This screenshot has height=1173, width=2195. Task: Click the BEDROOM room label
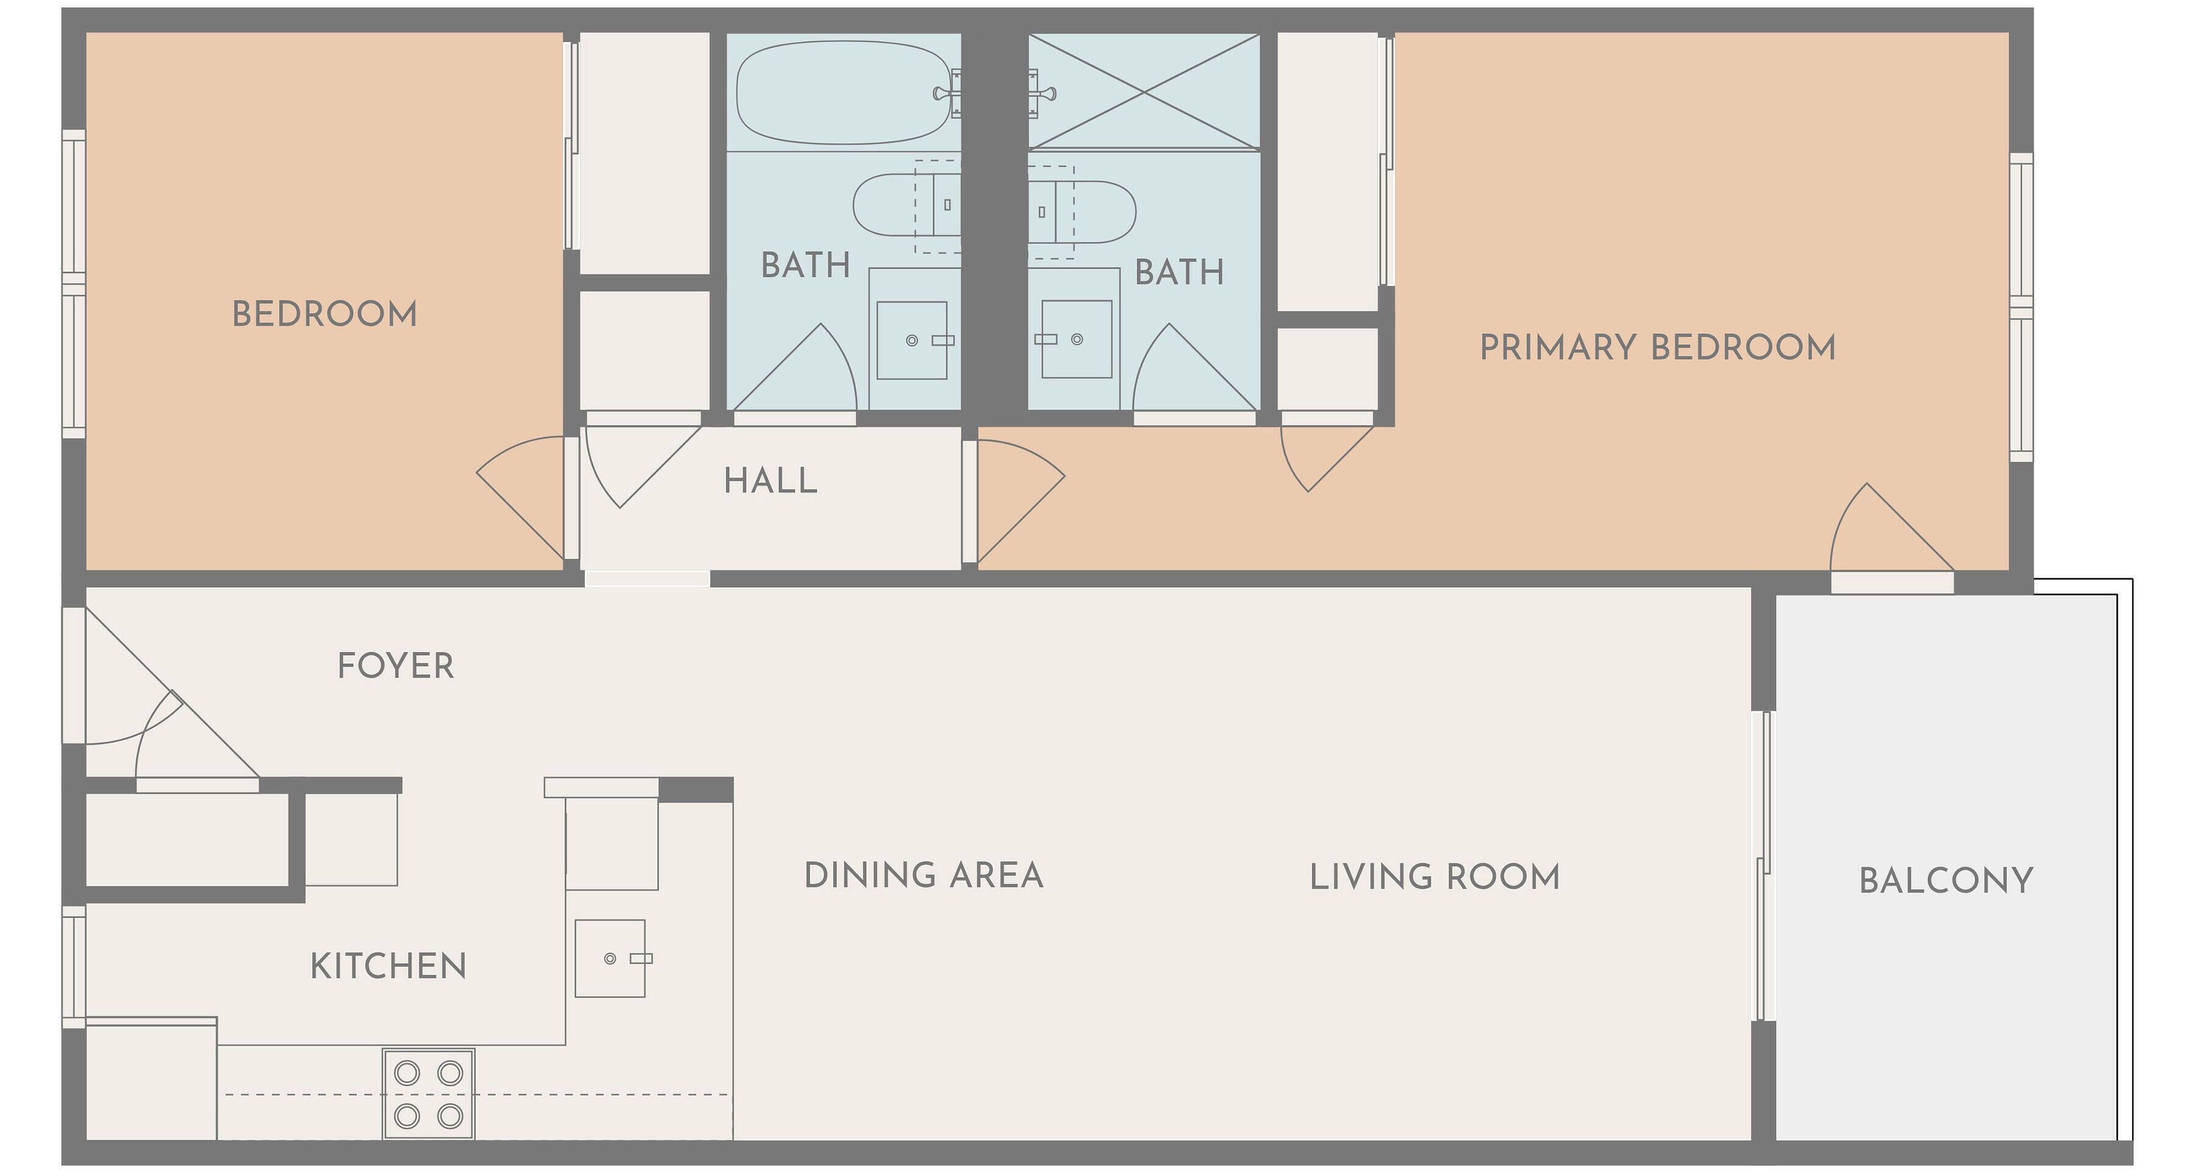(x=324, y=314)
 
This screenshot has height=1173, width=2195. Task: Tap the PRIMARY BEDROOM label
(x=1657, y=347)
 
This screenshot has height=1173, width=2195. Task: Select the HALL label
(x=770, y=481)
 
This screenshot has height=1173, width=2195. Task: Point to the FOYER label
(x=395, y=666)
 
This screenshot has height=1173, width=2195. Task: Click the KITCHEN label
(x=388, y=966)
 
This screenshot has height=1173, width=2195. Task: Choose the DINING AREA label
(x=924, y=876)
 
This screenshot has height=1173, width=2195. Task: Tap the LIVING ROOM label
(x=1434, y=877)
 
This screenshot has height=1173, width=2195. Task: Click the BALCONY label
(x=1946, y=881)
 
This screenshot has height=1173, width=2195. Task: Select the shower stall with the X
(x=1143, y=91)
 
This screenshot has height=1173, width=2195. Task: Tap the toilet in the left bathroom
(x=907, y=205)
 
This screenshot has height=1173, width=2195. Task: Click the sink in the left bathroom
(x=912, y=340)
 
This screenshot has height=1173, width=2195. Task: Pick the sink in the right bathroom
(x=1077, y=339)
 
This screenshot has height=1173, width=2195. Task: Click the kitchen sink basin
(x=610, y=959)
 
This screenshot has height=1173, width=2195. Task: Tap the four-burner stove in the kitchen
(x=429, y=1094)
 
